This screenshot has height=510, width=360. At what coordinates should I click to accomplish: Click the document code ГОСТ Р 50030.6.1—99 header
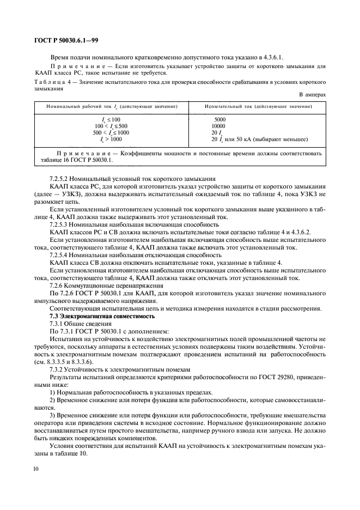click(x=64, y=41)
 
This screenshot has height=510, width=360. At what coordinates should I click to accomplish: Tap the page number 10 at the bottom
click(x=36, y=467)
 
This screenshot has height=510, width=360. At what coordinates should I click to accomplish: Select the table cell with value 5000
click(x=220, y=119)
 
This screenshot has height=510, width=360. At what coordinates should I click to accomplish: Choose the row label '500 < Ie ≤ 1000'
click(x=111, y=132)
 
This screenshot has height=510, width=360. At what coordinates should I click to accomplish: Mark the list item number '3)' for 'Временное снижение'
click(x=52, y=415)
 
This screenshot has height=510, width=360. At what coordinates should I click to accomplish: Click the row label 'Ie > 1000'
click(x=111, y=139)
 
